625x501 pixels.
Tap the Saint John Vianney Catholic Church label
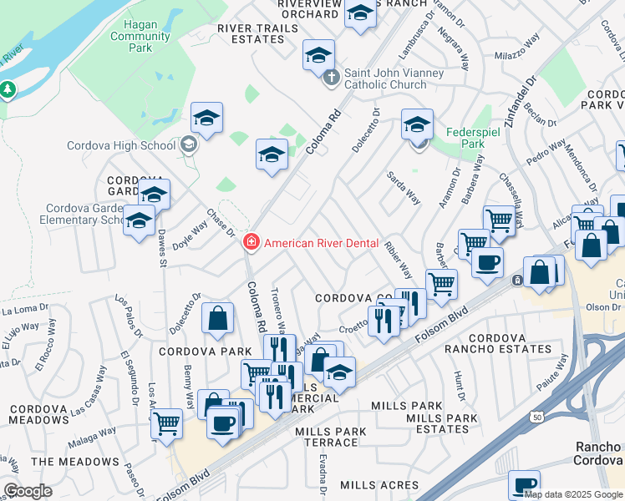[x=396, y=78]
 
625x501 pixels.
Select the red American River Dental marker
[x=249, y=243]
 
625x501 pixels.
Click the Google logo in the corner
[x=28, y=490]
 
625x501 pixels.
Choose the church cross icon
[x=332, y=78]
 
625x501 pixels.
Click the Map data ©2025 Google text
[x=573, y=493]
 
